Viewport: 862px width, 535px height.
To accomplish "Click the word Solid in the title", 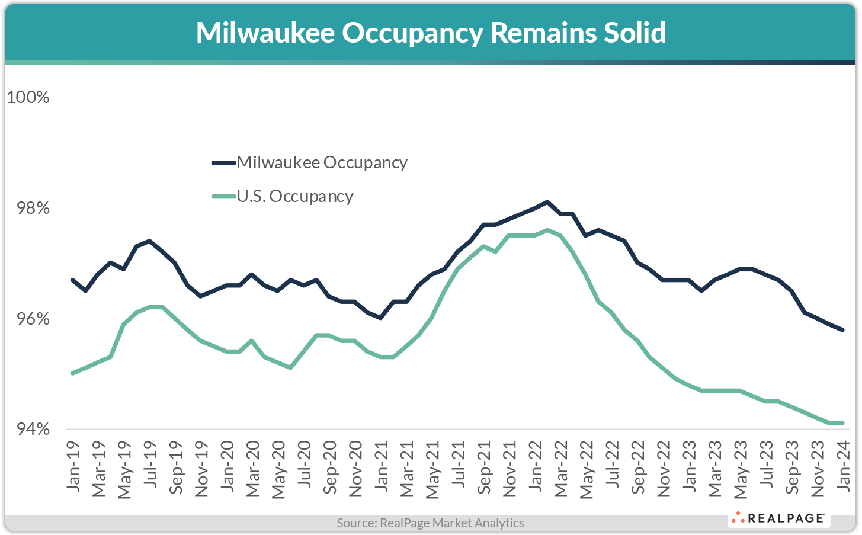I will [635, 33].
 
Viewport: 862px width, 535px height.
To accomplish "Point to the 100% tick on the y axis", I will [28, 97].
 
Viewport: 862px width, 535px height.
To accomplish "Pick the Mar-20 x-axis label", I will [252, 468].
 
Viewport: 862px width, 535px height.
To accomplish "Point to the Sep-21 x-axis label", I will [483, 467].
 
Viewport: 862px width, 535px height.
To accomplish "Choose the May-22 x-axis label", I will [586, 469].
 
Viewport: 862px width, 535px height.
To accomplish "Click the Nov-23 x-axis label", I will [818, 468].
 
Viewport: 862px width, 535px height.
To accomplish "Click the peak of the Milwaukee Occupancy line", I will [547, 202].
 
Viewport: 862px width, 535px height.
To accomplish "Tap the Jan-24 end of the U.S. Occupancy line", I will [842, 423].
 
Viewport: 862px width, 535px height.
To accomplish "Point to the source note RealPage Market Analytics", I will [431, 523].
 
